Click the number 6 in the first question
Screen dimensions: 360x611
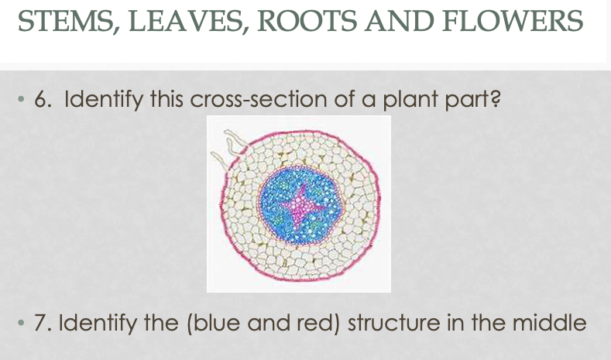coord(41,100)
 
